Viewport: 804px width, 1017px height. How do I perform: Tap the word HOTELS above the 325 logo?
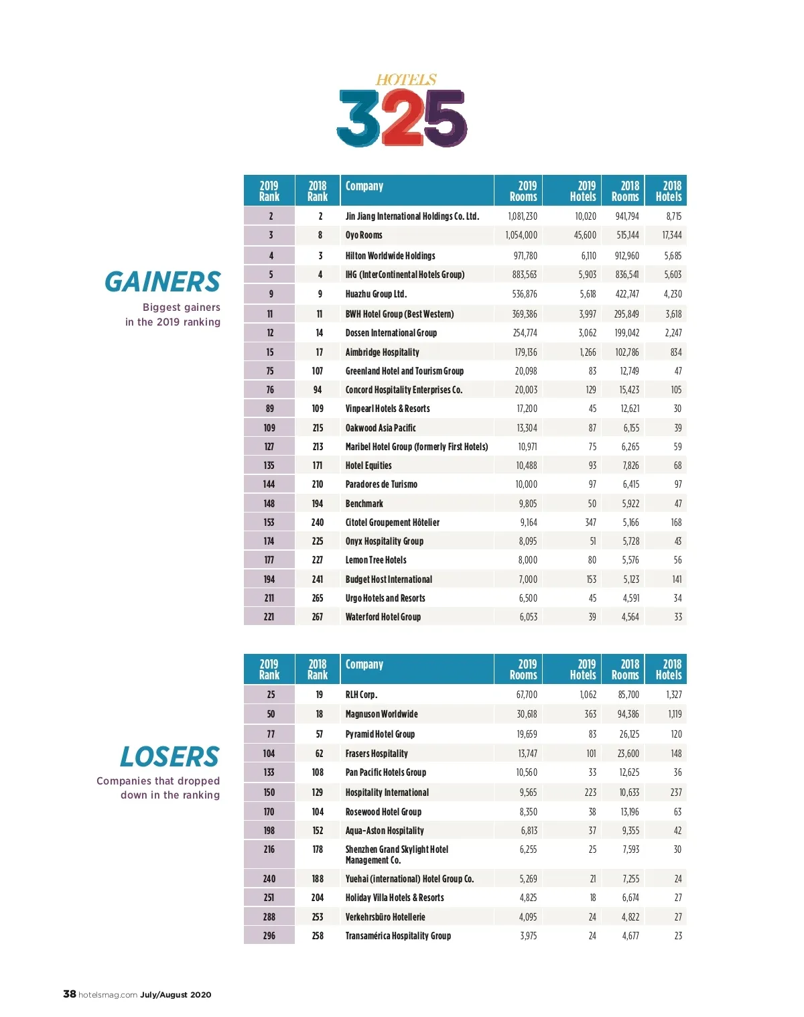(406, 80)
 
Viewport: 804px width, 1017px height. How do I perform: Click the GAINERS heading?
(162, 282)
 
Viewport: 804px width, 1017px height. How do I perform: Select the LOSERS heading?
(170, 757)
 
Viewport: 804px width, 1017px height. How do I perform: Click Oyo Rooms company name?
(364, 235)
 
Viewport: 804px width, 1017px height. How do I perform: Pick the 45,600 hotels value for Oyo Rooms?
(585, 235)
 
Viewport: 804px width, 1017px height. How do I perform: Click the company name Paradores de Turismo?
(381, 484)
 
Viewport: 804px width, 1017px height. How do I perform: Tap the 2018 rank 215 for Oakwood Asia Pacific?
(318, 428)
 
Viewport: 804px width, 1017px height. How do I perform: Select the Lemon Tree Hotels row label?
(376, 560)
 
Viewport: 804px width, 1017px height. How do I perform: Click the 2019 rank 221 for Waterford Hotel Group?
(269, 617)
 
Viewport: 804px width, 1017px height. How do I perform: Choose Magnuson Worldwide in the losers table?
(381, 714)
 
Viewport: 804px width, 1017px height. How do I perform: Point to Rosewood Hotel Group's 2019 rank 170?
(269, 812)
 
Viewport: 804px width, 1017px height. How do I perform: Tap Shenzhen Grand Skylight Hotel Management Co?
(397, 854)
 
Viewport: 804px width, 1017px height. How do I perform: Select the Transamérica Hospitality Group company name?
(398, 936)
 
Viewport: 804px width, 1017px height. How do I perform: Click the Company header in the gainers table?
(364, 186)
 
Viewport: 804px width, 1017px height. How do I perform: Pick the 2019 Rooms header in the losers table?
(523, 669)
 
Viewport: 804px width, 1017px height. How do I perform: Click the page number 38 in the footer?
(70, 994)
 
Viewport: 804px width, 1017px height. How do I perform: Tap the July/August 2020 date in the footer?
(176, 995)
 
